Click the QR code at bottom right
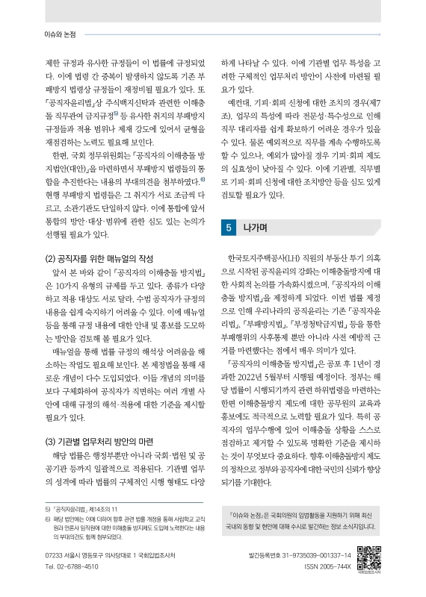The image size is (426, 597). [369, 558]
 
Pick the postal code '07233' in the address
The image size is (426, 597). [54, 556]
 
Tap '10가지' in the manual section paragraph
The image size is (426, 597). [80, 286]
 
